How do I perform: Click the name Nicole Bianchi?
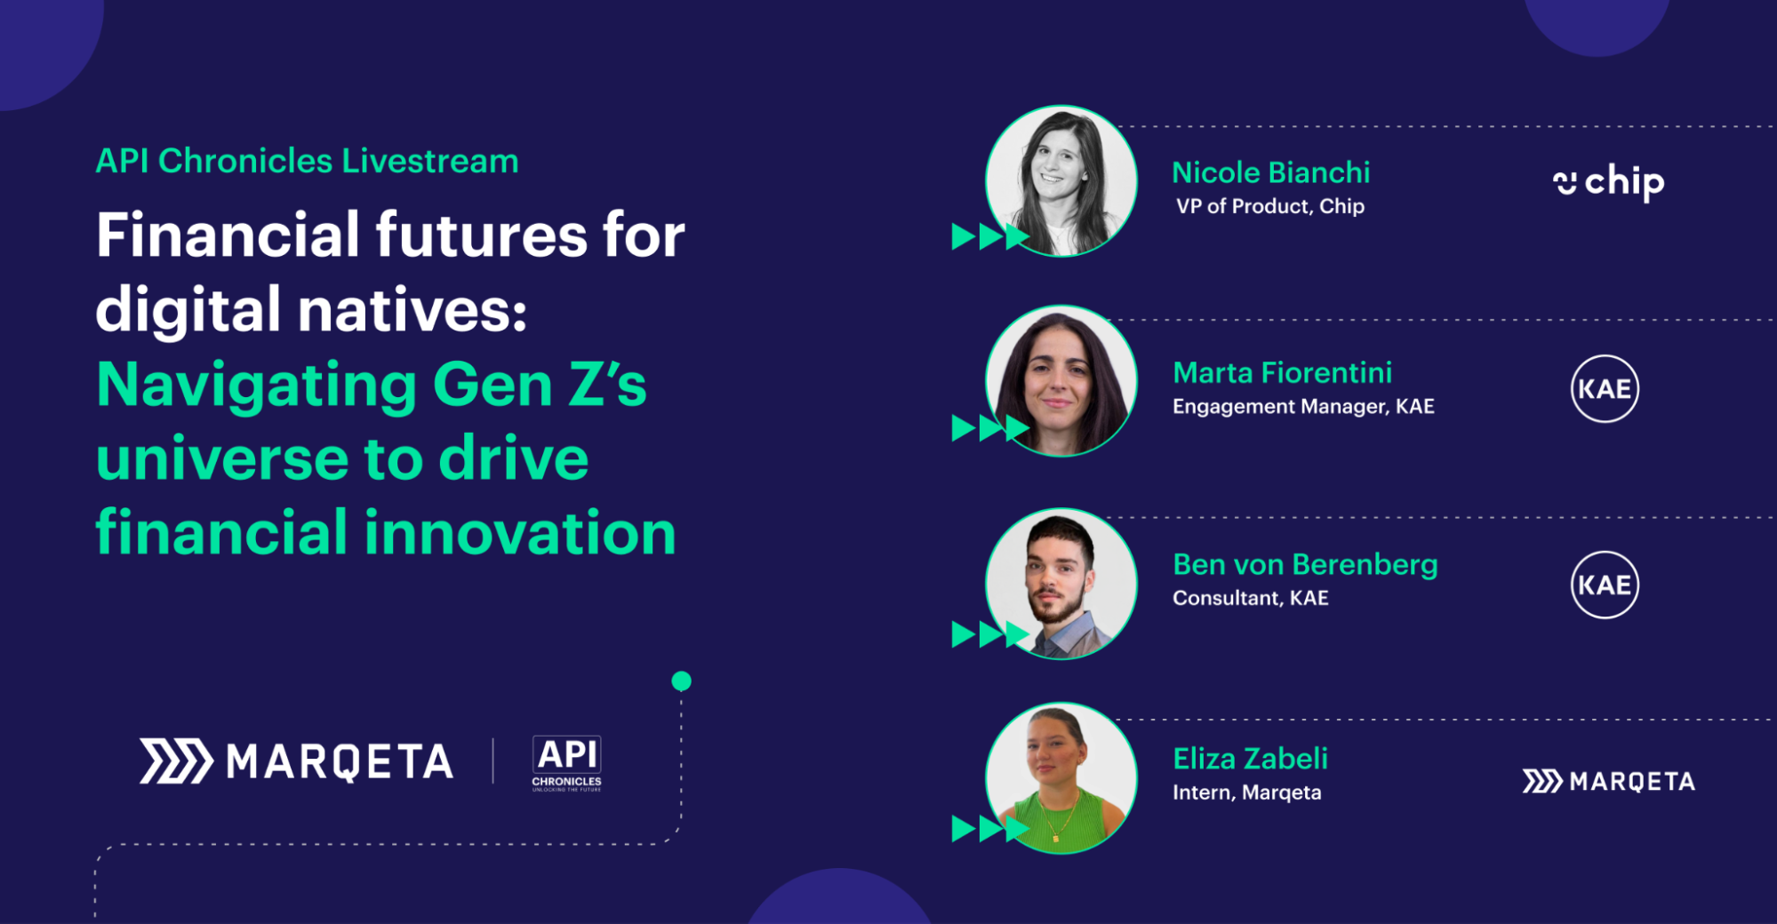click(x=1270, y=172)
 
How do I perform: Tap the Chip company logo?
click(x=1608, y=182)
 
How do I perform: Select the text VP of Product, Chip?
click(x=1269, y=206)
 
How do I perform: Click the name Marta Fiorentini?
click(x=1282, y=373)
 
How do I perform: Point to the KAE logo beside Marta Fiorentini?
click(x=1605, y=388)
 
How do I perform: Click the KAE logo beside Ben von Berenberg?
click(x=1605, y=585)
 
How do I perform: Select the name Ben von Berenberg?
click(x=1305, y=565)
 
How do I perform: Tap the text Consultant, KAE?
click(x=1250, y=598)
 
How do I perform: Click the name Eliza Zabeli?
click(x=1250, y=759)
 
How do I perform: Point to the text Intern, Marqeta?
click(x=1246, y=793)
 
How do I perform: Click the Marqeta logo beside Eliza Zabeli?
click(x=1608, y=781)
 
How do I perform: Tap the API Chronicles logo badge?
click(x=566, y=762)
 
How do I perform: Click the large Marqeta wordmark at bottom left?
click(x=297, y=761)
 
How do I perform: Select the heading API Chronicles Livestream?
click(x=307, y=161)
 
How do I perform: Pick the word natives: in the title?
click(x=412, y=310)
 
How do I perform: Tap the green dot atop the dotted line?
click(x=682, y=681)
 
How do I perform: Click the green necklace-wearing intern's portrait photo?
click(x=1061, y=778)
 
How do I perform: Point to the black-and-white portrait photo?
click(x=1061, y=181)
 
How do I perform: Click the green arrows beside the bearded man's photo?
click(x=990, y=634)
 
